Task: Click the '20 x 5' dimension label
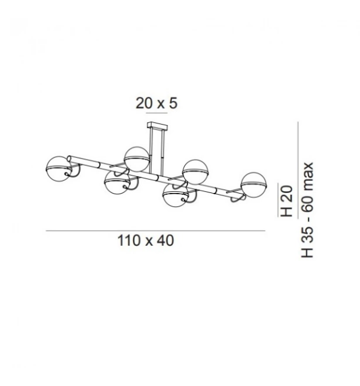[156, 103]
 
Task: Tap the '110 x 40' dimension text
[146, 241]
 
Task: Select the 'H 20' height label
[287, 201]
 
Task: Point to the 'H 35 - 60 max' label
[307, 210]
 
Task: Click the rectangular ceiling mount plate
[157, 126]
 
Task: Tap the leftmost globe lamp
[58, 169]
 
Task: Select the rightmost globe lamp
[254, 185]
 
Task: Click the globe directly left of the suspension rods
[137, 159]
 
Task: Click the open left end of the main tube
[70, 159]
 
